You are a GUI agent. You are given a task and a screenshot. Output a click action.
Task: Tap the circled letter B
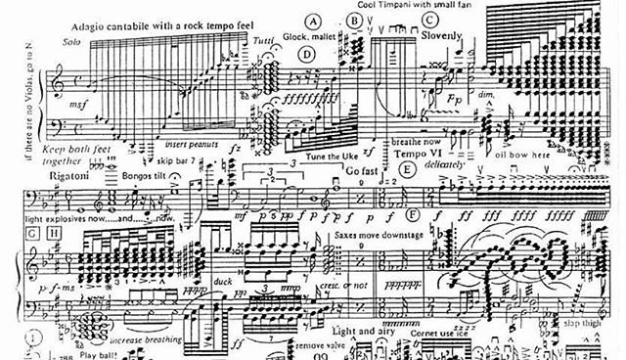354,20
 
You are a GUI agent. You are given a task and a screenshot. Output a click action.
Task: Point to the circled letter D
307,54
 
